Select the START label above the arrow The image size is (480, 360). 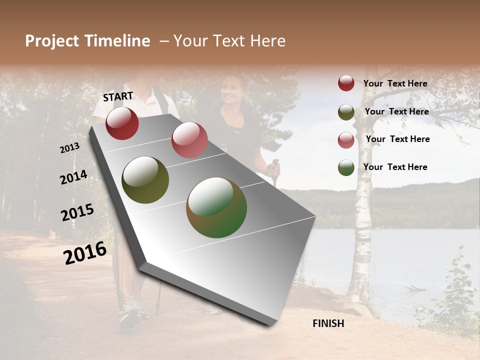[118, 96]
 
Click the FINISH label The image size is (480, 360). [328, 323]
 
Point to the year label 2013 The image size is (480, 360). [69, 148]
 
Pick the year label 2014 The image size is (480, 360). [73, 177]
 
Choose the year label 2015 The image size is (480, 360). [77, 212]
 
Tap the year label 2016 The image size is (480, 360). [85, 252]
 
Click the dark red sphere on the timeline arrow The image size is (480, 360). [122, 123]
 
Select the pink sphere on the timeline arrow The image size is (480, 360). [189, 140]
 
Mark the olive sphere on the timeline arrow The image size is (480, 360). [145, 180]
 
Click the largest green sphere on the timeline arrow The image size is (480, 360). [216, 207]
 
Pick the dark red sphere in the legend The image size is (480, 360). [346, 83]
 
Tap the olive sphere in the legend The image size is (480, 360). [346, 112]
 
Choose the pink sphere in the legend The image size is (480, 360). [346, 140]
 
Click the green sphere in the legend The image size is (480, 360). [346, 167]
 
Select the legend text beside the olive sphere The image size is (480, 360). [396, 111]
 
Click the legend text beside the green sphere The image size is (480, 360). [395, 167]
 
